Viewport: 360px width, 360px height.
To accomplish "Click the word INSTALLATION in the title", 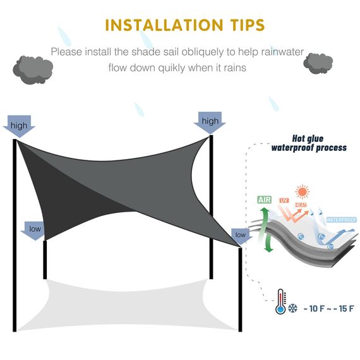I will (x=160, y=25).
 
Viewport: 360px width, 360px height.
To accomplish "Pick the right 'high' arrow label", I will (x=210, y=121).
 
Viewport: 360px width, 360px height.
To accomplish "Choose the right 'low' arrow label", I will (x=241, y=236).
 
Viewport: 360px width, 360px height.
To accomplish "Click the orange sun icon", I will (x=303, y=191).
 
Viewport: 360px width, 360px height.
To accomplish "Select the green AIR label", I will (x=265, y=200).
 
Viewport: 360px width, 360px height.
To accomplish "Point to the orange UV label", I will (x=284, y=201).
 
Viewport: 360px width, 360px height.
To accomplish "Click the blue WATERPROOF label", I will (x=341, y=220).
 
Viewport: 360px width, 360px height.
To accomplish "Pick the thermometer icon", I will (x=279, y=303).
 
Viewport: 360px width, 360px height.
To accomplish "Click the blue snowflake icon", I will (x=293, y=308).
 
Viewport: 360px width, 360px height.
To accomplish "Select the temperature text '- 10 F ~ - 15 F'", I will (x=328, y=309).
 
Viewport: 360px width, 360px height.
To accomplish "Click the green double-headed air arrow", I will (x=268, y=230).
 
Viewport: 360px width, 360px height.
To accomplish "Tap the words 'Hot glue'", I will (x=309, y=138).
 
